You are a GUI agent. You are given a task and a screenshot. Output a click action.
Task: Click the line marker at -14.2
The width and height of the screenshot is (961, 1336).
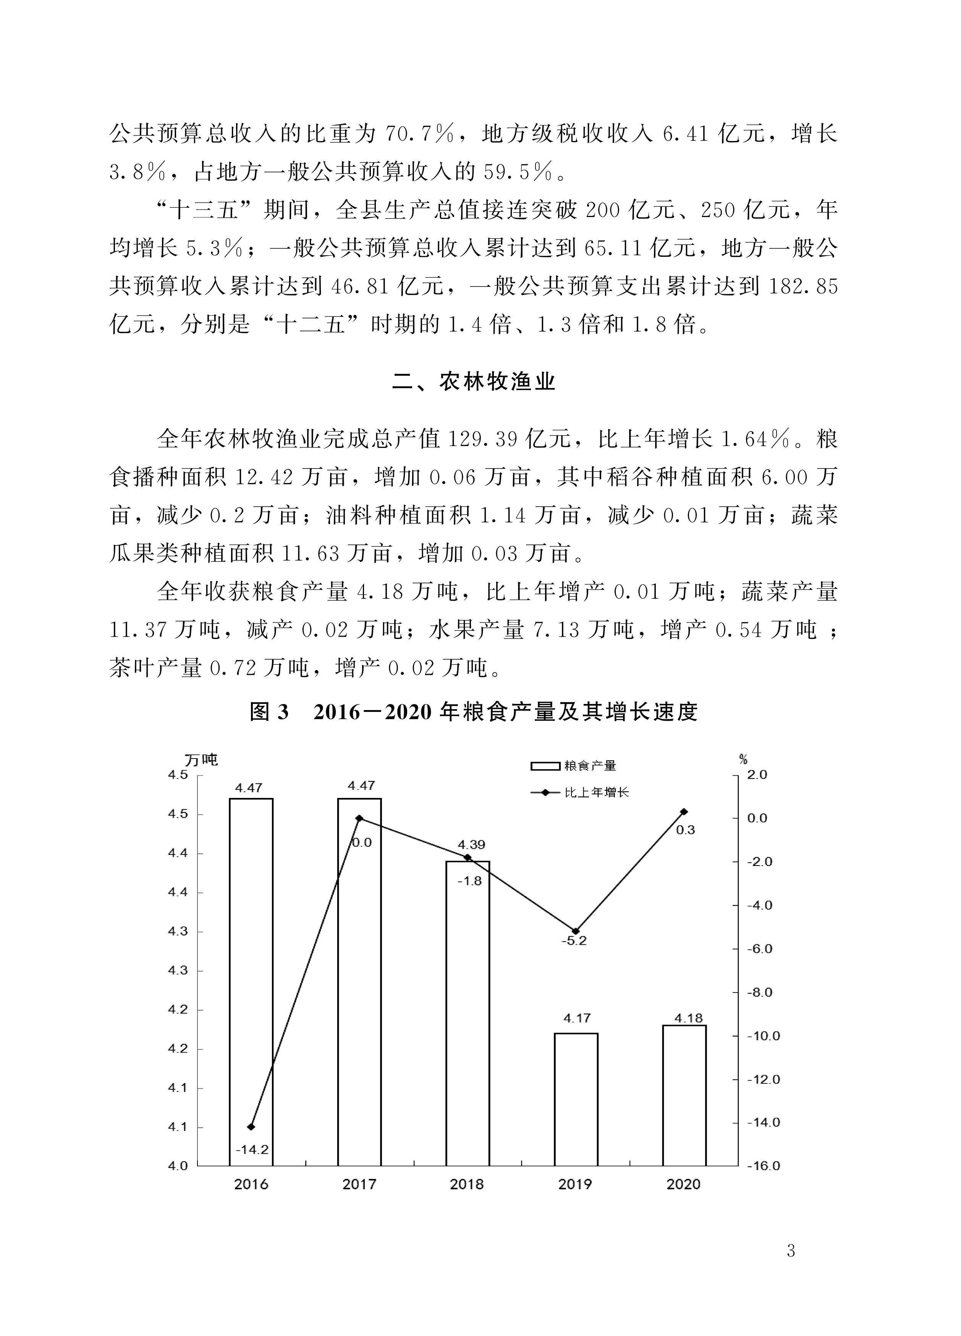tap(251, 1127)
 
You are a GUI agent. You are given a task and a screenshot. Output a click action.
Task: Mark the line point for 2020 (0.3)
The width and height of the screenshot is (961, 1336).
tap(684, 812)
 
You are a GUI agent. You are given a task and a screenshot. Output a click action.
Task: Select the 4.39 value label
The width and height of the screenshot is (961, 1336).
tap(471, 845)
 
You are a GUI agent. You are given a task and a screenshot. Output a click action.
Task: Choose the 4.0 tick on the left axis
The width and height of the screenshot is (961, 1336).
tap(178, 1166)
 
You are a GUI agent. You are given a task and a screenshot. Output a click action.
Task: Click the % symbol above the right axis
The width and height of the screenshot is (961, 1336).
tap(743, 760)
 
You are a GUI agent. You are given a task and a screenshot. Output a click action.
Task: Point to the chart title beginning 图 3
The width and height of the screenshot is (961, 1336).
tap(474, 712)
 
